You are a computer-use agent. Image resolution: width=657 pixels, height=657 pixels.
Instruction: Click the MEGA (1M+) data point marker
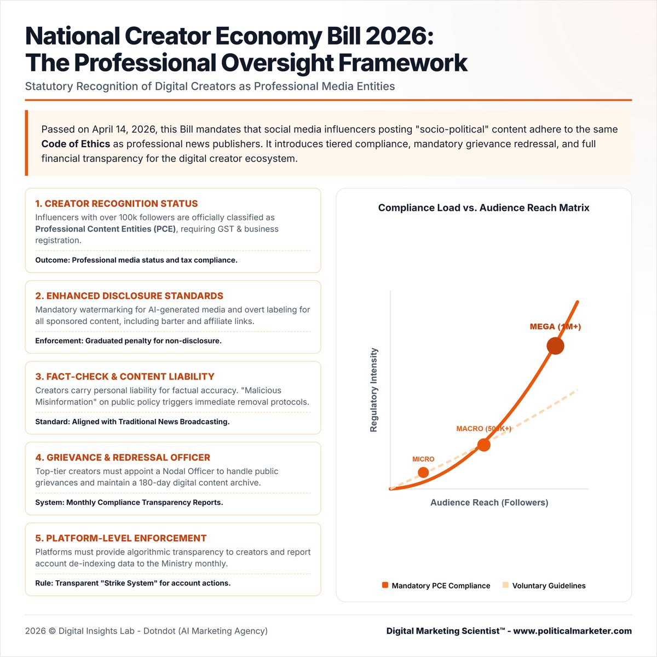point(555,346)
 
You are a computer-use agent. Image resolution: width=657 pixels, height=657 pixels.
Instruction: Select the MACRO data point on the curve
point(483,445)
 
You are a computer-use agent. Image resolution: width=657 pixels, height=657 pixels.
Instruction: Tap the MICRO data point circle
point(423,472)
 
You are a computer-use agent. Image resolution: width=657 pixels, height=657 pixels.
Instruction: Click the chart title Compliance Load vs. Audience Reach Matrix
point(483,208)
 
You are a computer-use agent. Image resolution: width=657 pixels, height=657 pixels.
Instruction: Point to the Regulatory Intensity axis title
point(374,390)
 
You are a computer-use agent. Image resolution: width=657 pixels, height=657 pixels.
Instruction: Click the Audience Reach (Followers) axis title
point(489,503)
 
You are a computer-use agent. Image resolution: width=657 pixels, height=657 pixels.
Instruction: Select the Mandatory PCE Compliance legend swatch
point(385,585)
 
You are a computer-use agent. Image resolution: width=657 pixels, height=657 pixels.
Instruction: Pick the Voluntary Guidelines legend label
point(549,586)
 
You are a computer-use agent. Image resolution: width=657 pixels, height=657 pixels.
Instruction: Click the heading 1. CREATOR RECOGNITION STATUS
point(117,204)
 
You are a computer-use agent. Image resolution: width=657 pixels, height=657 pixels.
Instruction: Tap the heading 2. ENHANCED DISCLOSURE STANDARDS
point(129,296)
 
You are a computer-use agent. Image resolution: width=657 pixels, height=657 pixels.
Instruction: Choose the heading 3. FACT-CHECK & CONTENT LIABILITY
point(125,377)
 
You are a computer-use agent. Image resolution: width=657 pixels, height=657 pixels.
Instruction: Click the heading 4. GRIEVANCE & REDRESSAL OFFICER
point(123,458)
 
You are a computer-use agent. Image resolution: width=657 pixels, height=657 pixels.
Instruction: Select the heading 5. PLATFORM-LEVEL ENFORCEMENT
point(121,538)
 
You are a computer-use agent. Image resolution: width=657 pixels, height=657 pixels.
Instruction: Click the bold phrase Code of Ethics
point(76,144)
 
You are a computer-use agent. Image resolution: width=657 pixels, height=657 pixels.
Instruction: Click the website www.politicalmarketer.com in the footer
point(572,631)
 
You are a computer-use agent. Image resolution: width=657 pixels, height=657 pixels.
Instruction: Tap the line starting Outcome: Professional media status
point(136,260)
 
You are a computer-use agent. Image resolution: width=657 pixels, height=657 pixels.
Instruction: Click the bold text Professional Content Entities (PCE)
point(106,229)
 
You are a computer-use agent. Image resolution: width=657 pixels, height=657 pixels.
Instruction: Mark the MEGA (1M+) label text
point(555,327)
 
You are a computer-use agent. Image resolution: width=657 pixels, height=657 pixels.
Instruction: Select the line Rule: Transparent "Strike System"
point(133,583)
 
